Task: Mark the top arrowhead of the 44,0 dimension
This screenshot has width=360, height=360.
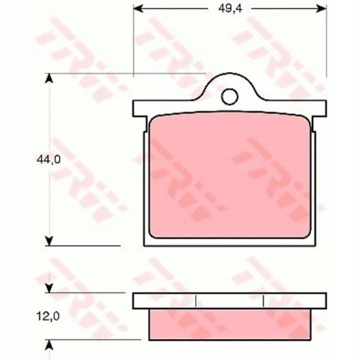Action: point(49,78)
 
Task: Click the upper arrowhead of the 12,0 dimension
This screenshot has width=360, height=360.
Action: point(49,288)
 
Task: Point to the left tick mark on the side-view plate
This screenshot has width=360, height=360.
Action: point(195,301)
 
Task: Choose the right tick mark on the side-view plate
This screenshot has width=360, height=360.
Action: point(265,301)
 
